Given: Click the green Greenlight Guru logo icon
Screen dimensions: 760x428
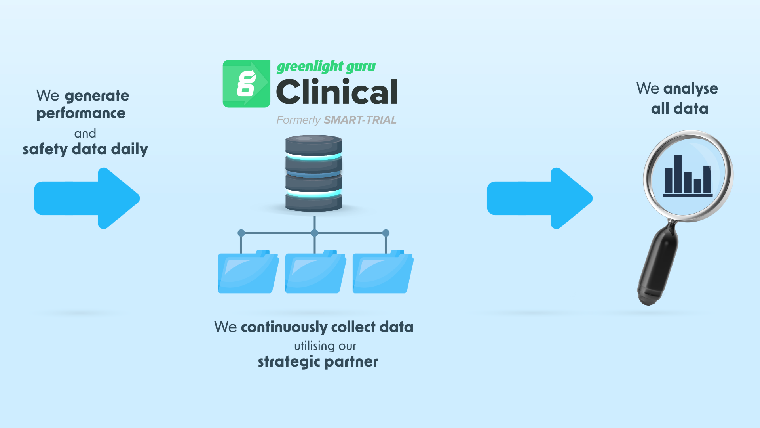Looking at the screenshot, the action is [246, 84].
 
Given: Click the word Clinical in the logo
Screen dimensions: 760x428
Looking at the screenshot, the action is [336, 92].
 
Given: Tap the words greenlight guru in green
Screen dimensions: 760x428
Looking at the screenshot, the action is [326, 67].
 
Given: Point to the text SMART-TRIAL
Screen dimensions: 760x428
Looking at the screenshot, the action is [360, 120].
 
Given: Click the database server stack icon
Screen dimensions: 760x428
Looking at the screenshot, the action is [313, 173].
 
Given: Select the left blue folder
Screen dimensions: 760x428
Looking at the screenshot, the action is [248, 273].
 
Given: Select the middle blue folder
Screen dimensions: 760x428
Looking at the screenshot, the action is [315, 273].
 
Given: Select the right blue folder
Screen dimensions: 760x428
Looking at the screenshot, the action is [382, 273].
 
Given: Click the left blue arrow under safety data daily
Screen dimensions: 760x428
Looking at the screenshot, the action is [87, 198].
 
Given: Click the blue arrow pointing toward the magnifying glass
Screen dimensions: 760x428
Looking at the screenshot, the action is [539, 198].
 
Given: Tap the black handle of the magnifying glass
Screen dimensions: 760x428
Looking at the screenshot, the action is [658, 266].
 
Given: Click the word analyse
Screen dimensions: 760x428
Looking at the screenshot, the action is [691, 89].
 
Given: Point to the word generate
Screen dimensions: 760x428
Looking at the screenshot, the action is [97, 96].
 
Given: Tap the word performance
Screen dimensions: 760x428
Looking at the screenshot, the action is [81, 113].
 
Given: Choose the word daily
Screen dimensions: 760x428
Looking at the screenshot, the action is [129, 149].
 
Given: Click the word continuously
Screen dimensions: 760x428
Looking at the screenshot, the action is [284, 327].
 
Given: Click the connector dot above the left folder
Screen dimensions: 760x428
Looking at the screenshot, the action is [241, 233].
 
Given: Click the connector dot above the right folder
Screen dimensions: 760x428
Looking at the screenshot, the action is [386, 233].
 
